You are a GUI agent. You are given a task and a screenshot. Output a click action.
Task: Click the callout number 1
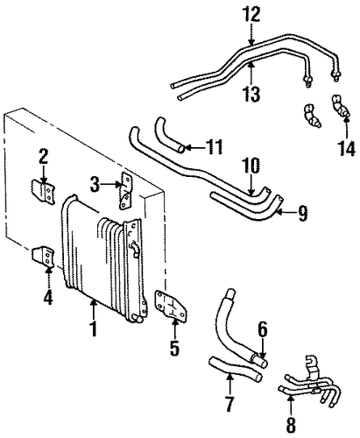pyautogui.click(x=94, y=328)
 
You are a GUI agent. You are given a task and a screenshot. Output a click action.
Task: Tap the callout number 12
pyautogui.click(x=252, y=14)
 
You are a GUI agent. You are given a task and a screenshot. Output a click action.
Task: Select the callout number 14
pyautogui.click(x=347, y=148)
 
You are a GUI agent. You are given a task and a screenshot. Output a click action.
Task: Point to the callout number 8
pyautogui.click(x=291, y=425)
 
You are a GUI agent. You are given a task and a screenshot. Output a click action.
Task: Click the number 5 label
pyautogui.click(x=175, y=348)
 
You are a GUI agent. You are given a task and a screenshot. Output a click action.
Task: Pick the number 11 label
pyautogui.click(x=214, y=146)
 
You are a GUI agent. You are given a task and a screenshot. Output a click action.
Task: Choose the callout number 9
pyautogui.click(x=302, y=213)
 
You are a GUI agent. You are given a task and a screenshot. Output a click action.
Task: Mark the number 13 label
pyautogui.click(x=251, y=94)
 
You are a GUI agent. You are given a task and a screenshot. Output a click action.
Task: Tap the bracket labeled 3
pyautogui.click(x=126, y=190)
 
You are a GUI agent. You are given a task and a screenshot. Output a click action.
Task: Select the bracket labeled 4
pyautogui.click(x=43, y=257)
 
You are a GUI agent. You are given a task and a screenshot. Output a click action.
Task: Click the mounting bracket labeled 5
pyautogui.click(x=171, y=306)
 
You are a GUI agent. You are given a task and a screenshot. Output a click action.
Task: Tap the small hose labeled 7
pyautogui.click(x=234, y=369)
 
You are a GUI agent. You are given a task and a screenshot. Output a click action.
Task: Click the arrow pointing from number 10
pyautogui.click(x=251, y=185)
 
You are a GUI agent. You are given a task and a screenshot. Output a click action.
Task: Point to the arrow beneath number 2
pyautogui.click(x=44, y=174)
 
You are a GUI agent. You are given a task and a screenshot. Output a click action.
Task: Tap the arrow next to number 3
pyautogui.click(x=111, y=184)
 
